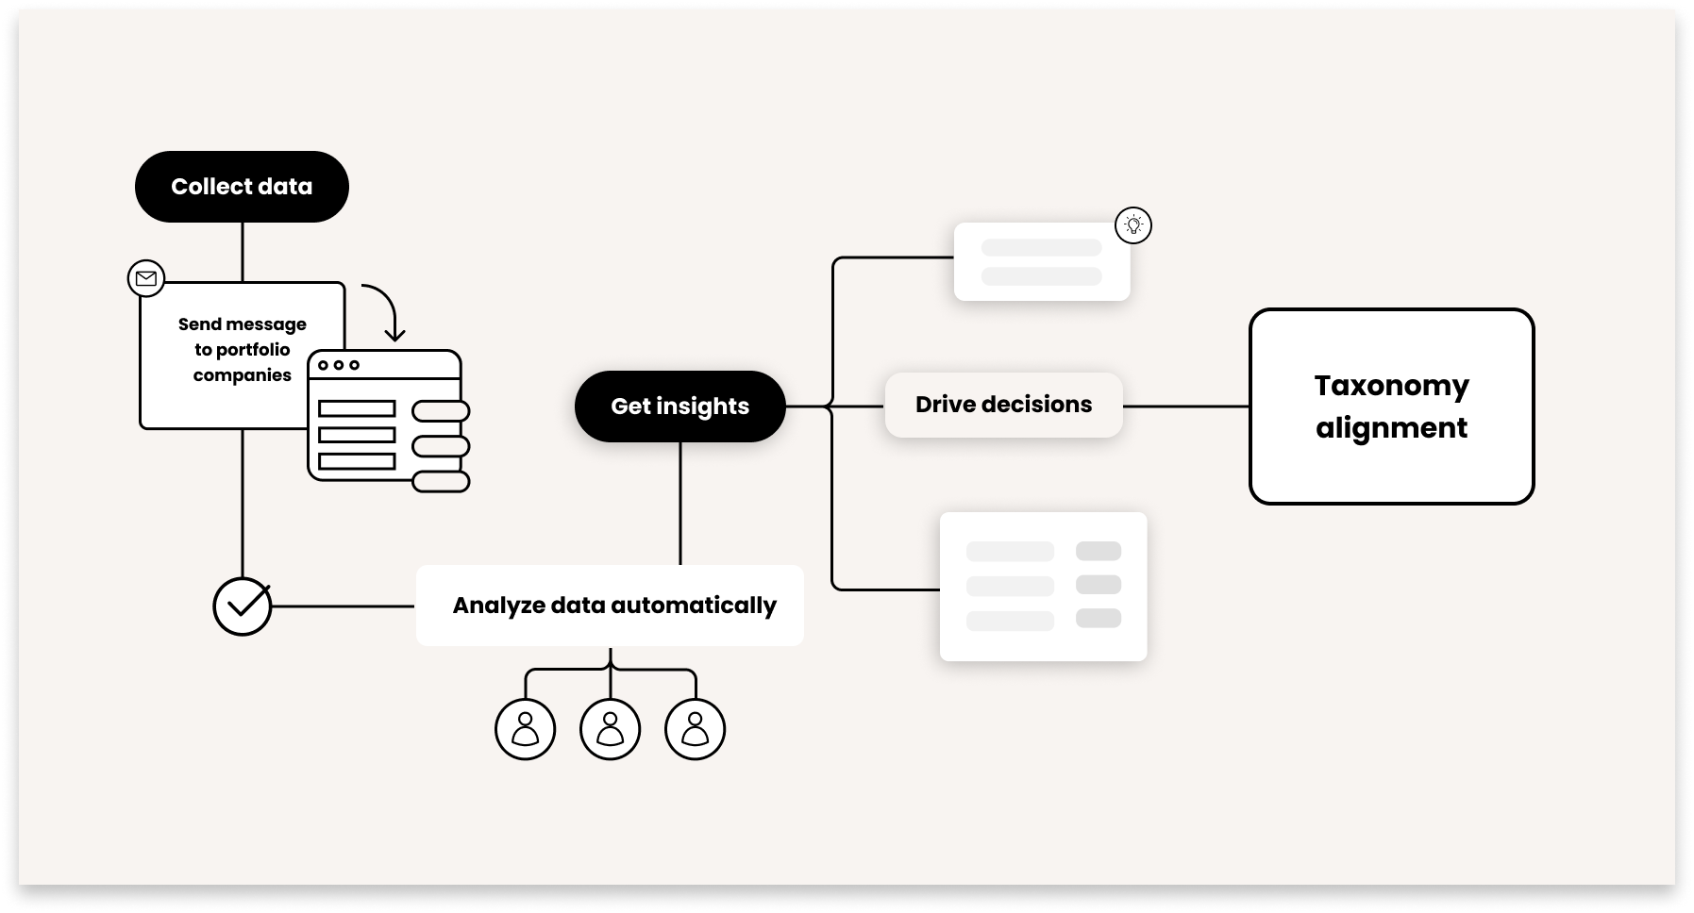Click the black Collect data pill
click(242, 187)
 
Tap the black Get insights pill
click(679, 407)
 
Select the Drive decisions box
click(1003, 405)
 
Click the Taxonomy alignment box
click(1391, 407)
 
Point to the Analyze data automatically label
click(613, 606)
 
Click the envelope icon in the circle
click(146, 279)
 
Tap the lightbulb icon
click(1133, 225)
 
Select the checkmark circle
click(243, 606)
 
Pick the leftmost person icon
click(526, 729)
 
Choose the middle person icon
click(611, 729)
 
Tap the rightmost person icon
click(696, 729)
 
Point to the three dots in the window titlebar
click(339, 365)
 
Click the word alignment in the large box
click(1391, 428)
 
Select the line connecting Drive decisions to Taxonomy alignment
click(1186, 407)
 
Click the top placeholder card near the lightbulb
click(1041, 262)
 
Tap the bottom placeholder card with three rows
click(1043, 586)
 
